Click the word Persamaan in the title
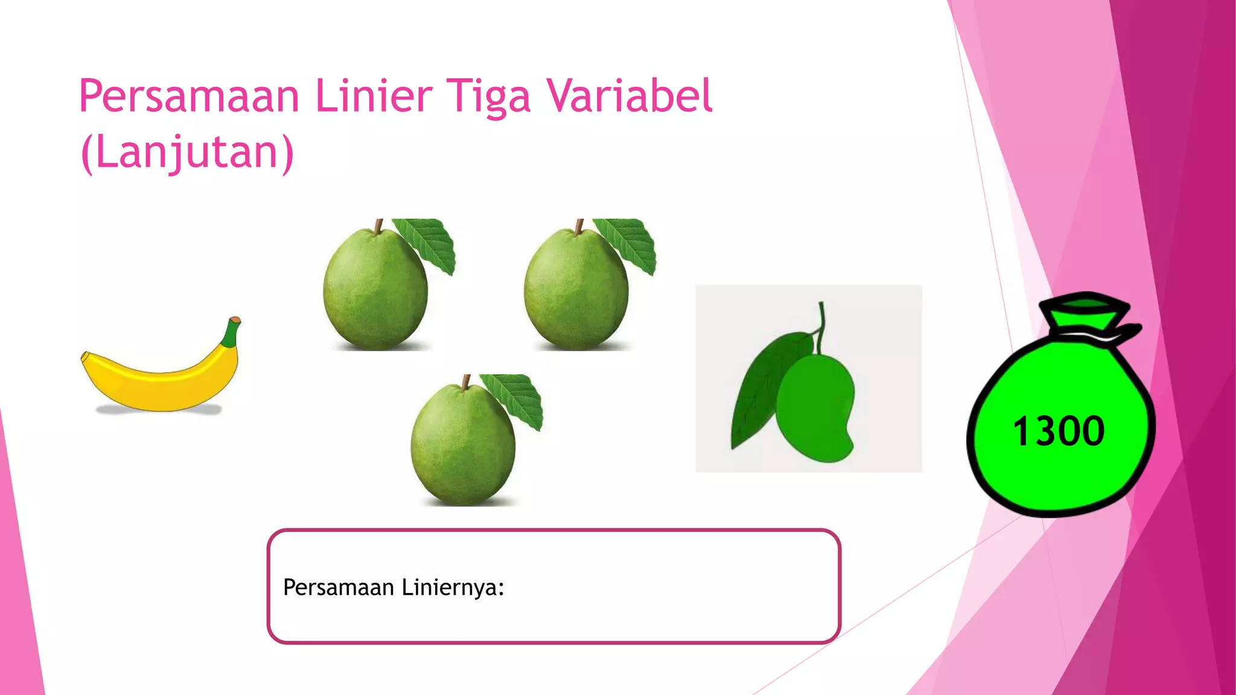coord(189,97)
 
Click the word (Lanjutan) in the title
coord(187,152)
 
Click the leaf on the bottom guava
coord(516,398)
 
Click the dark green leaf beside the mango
coord(760,386)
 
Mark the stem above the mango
coord(821,326)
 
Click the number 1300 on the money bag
coord(1059,431)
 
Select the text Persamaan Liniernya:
coord(393,587)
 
